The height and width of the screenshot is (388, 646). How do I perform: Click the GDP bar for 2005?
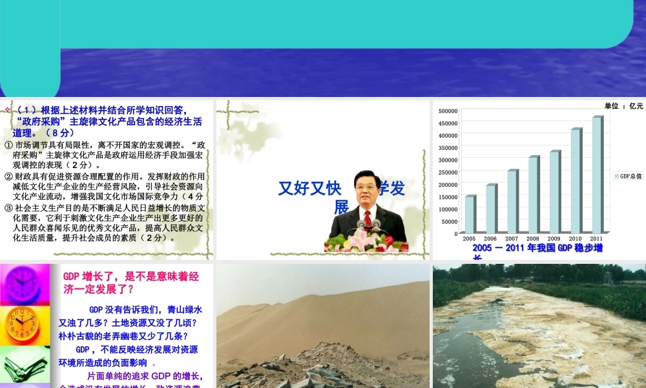tap(470, 214)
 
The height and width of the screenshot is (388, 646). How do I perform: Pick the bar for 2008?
tap(534, 195)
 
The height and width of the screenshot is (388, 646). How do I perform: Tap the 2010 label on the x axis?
tap(576, 239)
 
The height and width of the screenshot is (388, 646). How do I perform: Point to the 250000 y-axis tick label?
tap(446, 172)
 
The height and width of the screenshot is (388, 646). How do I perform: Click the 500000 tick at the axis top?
tap(446, 111)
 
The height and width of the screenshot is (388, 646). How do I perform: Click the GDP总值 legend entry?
tap(628, 176)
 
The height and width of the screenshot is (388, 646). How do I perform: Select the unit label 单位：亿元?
tap(623, 105)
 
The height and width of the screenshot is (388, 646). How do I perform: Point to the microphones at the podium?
tap(369, 226)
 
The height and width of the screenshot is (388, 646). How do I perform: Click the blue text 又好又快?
tap(309, 188)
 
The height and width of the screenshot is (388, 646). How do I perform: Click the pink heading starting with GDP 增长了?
tap(131, 283)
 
